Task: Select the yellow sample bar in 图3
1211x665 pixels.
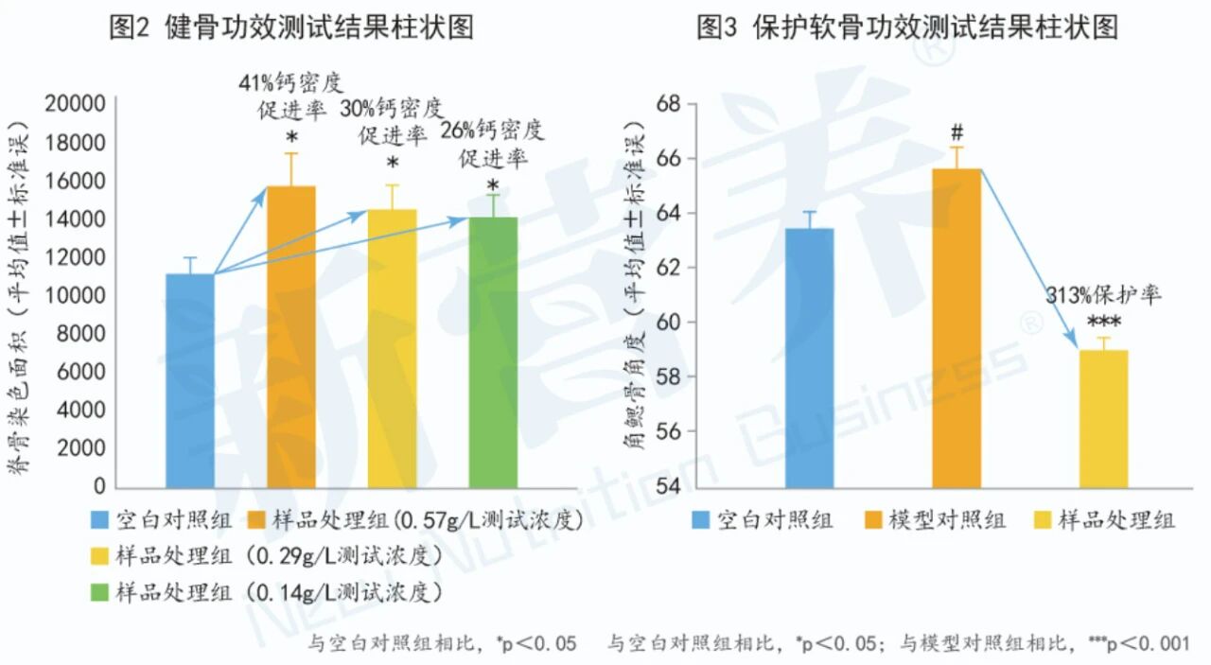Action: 1103,417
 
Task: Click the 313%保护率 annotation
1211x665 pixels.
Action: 1102,295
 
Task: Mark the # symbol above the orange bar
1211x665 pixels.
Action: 957,131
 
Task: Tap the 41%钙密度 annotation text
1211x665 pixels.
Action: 290,83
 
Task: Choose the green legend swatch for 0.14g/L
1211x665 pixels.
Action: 99,593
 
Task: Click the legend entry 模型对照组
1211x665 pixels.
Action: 947,519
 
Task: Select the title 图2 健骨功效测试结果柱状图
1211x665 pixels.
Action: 291,28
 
